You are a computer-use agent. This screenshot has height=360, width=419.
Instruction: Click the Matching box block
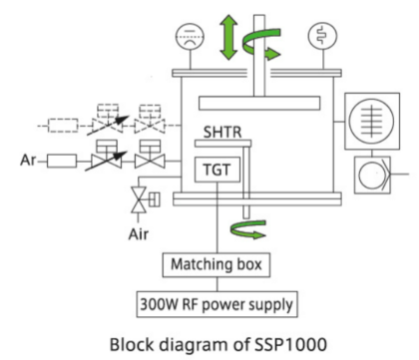point(216,265)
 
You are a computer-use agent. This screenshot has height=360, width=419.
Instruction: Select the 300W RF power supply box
point(217,304)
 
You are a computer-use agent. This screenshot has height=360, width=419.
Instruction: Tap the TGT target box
point(217,170)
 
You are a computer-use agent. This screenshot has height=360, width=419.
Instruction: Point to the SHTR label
point(222,132)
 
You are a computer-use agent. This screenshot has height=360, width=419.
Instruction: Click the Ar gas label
point(28,161)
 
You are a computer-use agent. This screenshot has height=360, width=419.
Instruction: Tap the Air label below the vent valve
point(139,234)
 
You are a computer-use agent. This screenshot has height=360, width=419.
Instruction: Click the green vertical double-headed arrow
point(228,37)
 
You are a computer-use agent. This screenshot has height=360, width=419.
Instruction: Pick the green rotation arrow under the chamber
point(247,229)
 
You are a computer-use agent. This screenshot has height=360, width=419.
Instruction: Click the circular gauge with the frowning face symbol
point(190,37)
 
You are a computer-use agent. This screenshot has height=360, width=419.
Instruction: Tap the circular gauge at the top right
point(322,36)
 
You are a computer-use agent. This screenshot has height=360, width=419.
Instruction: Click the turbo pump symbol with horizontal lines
point(372,121)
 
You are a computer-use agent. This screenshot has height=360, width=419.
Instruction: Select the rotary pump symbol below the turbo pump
point(372,175)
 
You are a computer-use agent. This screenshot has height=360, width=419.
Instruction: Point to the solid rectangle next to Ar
point(62,161)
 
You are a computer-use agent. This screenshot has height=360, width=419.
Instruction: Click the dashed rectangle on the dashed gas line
point(63,126)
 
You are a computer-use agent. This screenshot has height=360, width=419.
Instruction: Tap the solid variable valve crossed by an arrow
point(107,156)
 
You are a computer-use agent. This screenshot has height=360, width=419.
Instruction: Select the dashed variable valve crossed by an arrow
point(108,121)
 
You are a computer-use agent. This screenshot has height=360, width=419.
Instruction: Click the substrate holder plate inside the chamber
point(259,103)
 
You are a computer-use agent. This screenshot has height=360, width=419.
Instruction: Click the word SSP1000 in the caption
point(291,344)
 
